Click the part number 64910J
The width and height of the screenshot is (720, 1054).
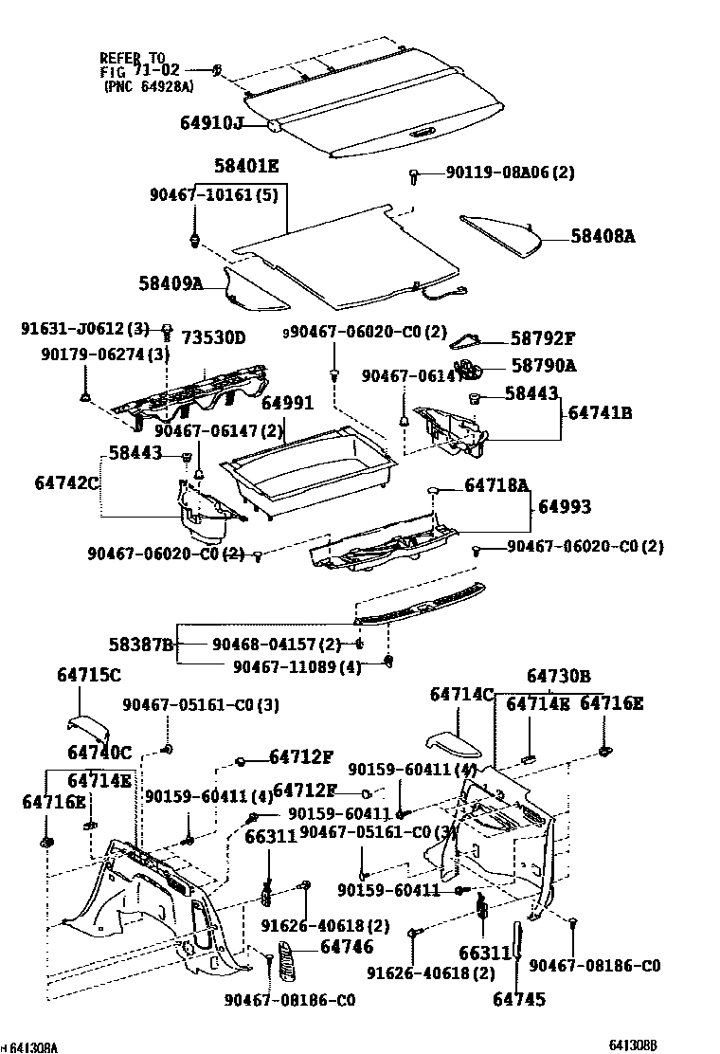coord(212,122)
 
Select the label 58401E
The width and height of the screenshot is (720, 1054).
coord(246,166)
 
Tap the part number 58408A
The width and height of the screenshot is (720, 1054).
coord(603,237)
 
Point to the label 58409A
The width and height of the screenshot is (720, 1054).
coord(171,282)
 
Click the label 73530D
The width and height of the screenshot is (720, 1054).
coord(213,337)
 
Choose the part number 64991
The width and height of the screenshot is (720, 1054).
coord(287,403)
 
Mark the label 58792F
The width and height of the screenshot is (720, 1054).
coord(543,338)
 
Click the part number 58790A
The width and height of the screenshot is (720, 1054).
coord(543,364)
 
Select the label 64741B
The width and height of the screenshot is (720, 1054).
coord(601,413)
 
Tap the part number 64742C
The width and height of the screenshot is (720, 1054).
coord(67,482)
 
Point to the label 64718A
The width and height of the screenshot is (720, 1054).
coord(496,485)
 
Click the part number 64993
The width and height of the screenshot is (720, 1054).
coord(565,507)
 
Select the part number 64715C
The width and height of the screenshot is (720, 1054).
coord(89,676)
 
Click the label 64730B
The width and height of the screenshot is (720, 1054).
coord(559,676)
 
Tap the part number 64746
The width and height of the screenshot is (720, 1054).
coord(347,947)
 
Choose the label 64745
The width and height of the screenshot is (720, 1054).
coord(519,998)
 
